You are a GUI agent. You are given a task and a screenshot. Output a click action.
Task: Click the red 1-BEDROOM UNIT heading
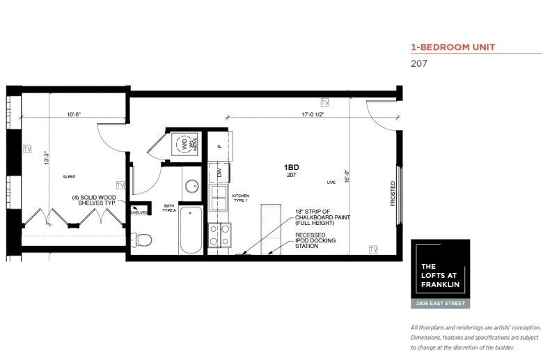[452, 47]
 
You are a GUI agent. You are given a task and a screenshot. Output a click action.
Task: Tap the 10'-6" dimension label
[75, 114]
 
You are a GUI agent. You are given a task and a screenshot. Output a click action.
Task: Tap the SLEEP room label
[69, 177]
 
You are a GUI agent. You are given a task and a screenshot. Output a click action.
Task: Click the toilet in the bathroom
[143, 240]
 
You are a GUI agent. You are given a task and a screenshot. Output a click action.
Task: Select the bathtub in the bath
[191, 230]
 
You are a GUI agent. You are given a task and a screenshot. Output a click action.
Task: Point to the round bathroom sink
[192, 187]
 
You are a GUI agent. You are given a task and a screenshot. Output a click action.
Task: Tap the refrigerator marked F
[219, 146]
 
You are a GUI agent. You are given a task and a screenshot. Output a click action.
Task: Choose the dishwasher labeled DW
[219, 173]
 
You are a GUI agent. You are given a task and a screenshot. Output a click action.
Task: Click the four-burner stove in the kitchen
[219, 235]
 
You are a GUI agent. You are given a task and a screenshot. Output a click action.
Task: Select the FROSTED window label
[393, 194]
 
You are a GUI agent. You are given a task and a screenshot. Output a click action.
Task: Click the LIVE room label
[331, 182]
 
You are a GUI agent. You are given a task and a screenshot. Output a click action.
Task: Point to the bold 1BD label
[292, 167]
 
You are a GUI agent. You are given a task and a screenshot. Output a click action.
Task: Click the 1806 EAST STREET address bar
[439, 303]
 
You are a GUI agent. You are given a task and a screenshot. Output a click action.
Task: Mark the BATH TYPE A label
[169, 208]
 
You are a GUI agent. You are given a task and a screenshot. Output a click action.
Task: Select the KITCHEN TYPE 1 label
[240, 198]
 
